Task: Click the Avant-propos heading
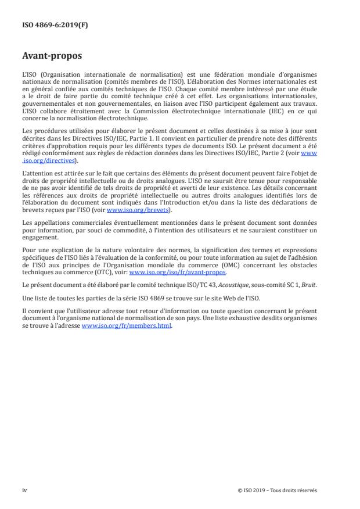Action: pyautogui.click(x=52, y=57)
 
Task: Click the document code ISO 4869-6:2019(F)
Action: pyautogui.click(x=52, y=26)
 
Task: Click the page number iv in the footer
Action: pyautogui.click(x=24, y=490)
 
